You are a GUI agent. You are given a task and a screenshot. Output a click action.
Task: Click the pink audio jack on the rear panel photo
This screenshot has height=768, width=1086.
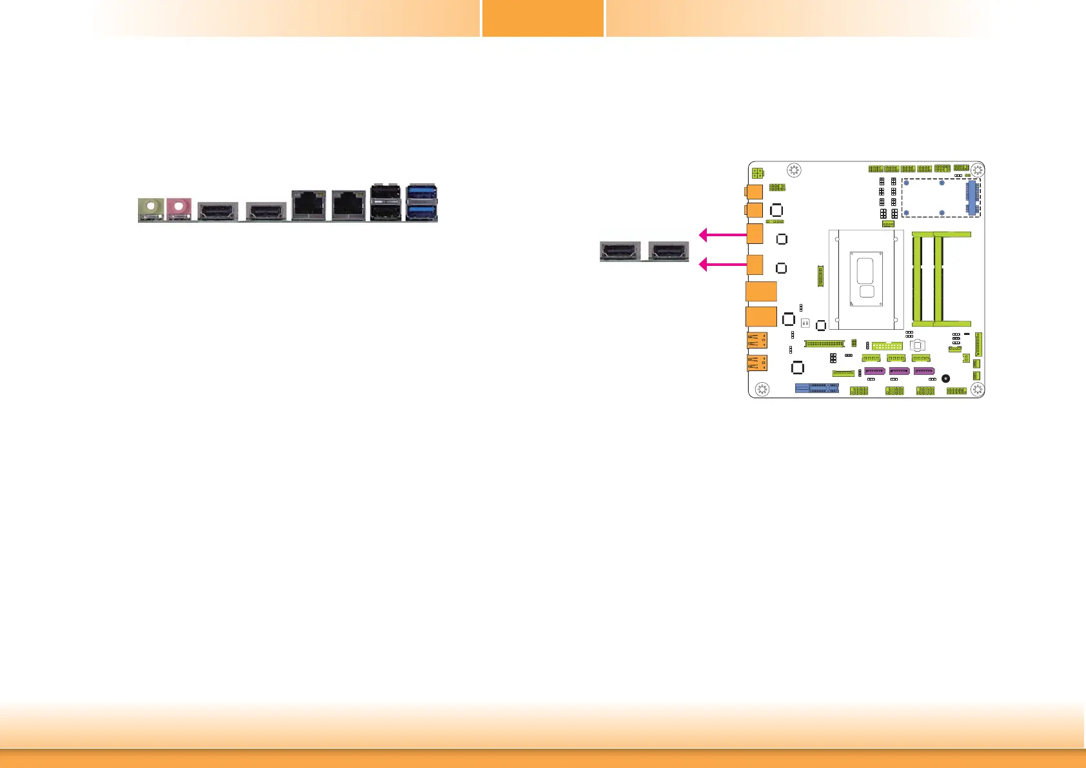tap(179, 208)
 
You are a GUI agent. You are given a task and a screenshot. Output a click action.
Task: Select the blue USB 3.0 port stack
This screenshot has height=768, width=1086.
tap(422, 202)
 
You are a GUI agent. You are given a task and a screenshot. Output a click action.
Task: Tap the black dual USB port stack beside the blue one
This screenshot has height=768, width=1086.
tap(385, 202)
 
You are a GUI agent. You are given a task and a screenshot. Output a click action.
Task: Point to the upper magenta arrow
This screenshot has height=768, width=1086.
tap(722, 235)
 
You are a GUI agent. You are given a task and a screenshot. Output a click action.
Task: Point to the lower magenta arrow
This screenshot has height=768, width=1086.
tap(722, 264)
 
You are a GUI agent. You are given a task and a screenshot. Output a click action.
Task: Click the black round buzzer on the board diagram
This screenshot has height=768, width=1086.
tap(945, 379)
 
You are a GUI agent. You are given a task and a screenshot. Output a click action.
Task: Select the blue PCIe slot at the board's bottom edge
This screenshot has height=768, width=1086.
tap(817, 388)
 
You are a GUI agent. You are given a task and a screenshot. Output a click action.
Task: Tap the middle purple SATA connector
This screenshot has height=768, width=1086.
tap(899, 371)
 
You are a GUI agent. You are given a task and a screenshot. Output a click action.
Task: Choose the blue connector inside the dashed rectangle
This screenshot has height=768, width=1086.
tap(972, 198)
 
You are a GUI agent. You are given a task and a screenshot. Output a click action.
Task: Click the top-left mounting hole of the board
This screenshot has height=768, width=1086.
tap(795, 170)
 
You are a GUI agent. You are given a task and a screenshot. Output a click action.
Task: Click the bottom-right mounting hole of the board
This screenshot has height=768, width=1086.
tap(977, 389)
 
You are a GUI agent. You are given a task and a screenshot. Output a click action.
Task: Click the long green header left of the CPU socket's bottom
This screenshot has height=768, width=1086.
tap(824, 343)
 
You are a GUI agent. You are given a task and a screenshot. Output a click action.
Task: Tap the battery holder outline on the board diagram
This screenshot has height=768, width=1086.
tap(918, 346)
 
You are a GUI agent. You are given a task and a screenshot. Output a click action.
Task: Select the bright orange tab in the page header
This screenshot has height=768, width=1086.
tap(543, 18)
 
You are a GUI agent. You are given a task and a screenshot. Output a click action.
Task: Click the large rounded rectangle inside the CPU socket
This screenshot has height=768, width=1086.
tap(867, 270)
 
